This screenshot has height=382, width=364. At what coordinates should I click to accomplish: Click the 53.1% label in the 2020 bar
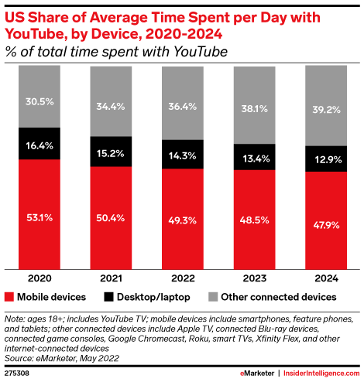click(39, 218)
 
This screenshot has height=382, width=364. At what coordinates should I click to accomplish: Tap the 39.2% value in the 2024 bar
click(327, 110)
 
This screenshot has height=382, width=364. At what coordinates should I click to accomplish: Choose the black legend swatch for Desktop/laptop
click(111, 297)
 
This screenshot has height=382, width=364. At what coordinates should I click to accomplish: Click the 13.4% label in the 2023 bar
click(255, 159)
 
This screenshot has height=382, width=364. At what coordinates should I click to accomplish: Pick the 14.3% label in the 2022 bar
click(183, 155)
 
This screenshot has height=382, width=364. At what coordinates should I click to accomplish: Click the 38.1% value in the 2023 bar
click(255, 109)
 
